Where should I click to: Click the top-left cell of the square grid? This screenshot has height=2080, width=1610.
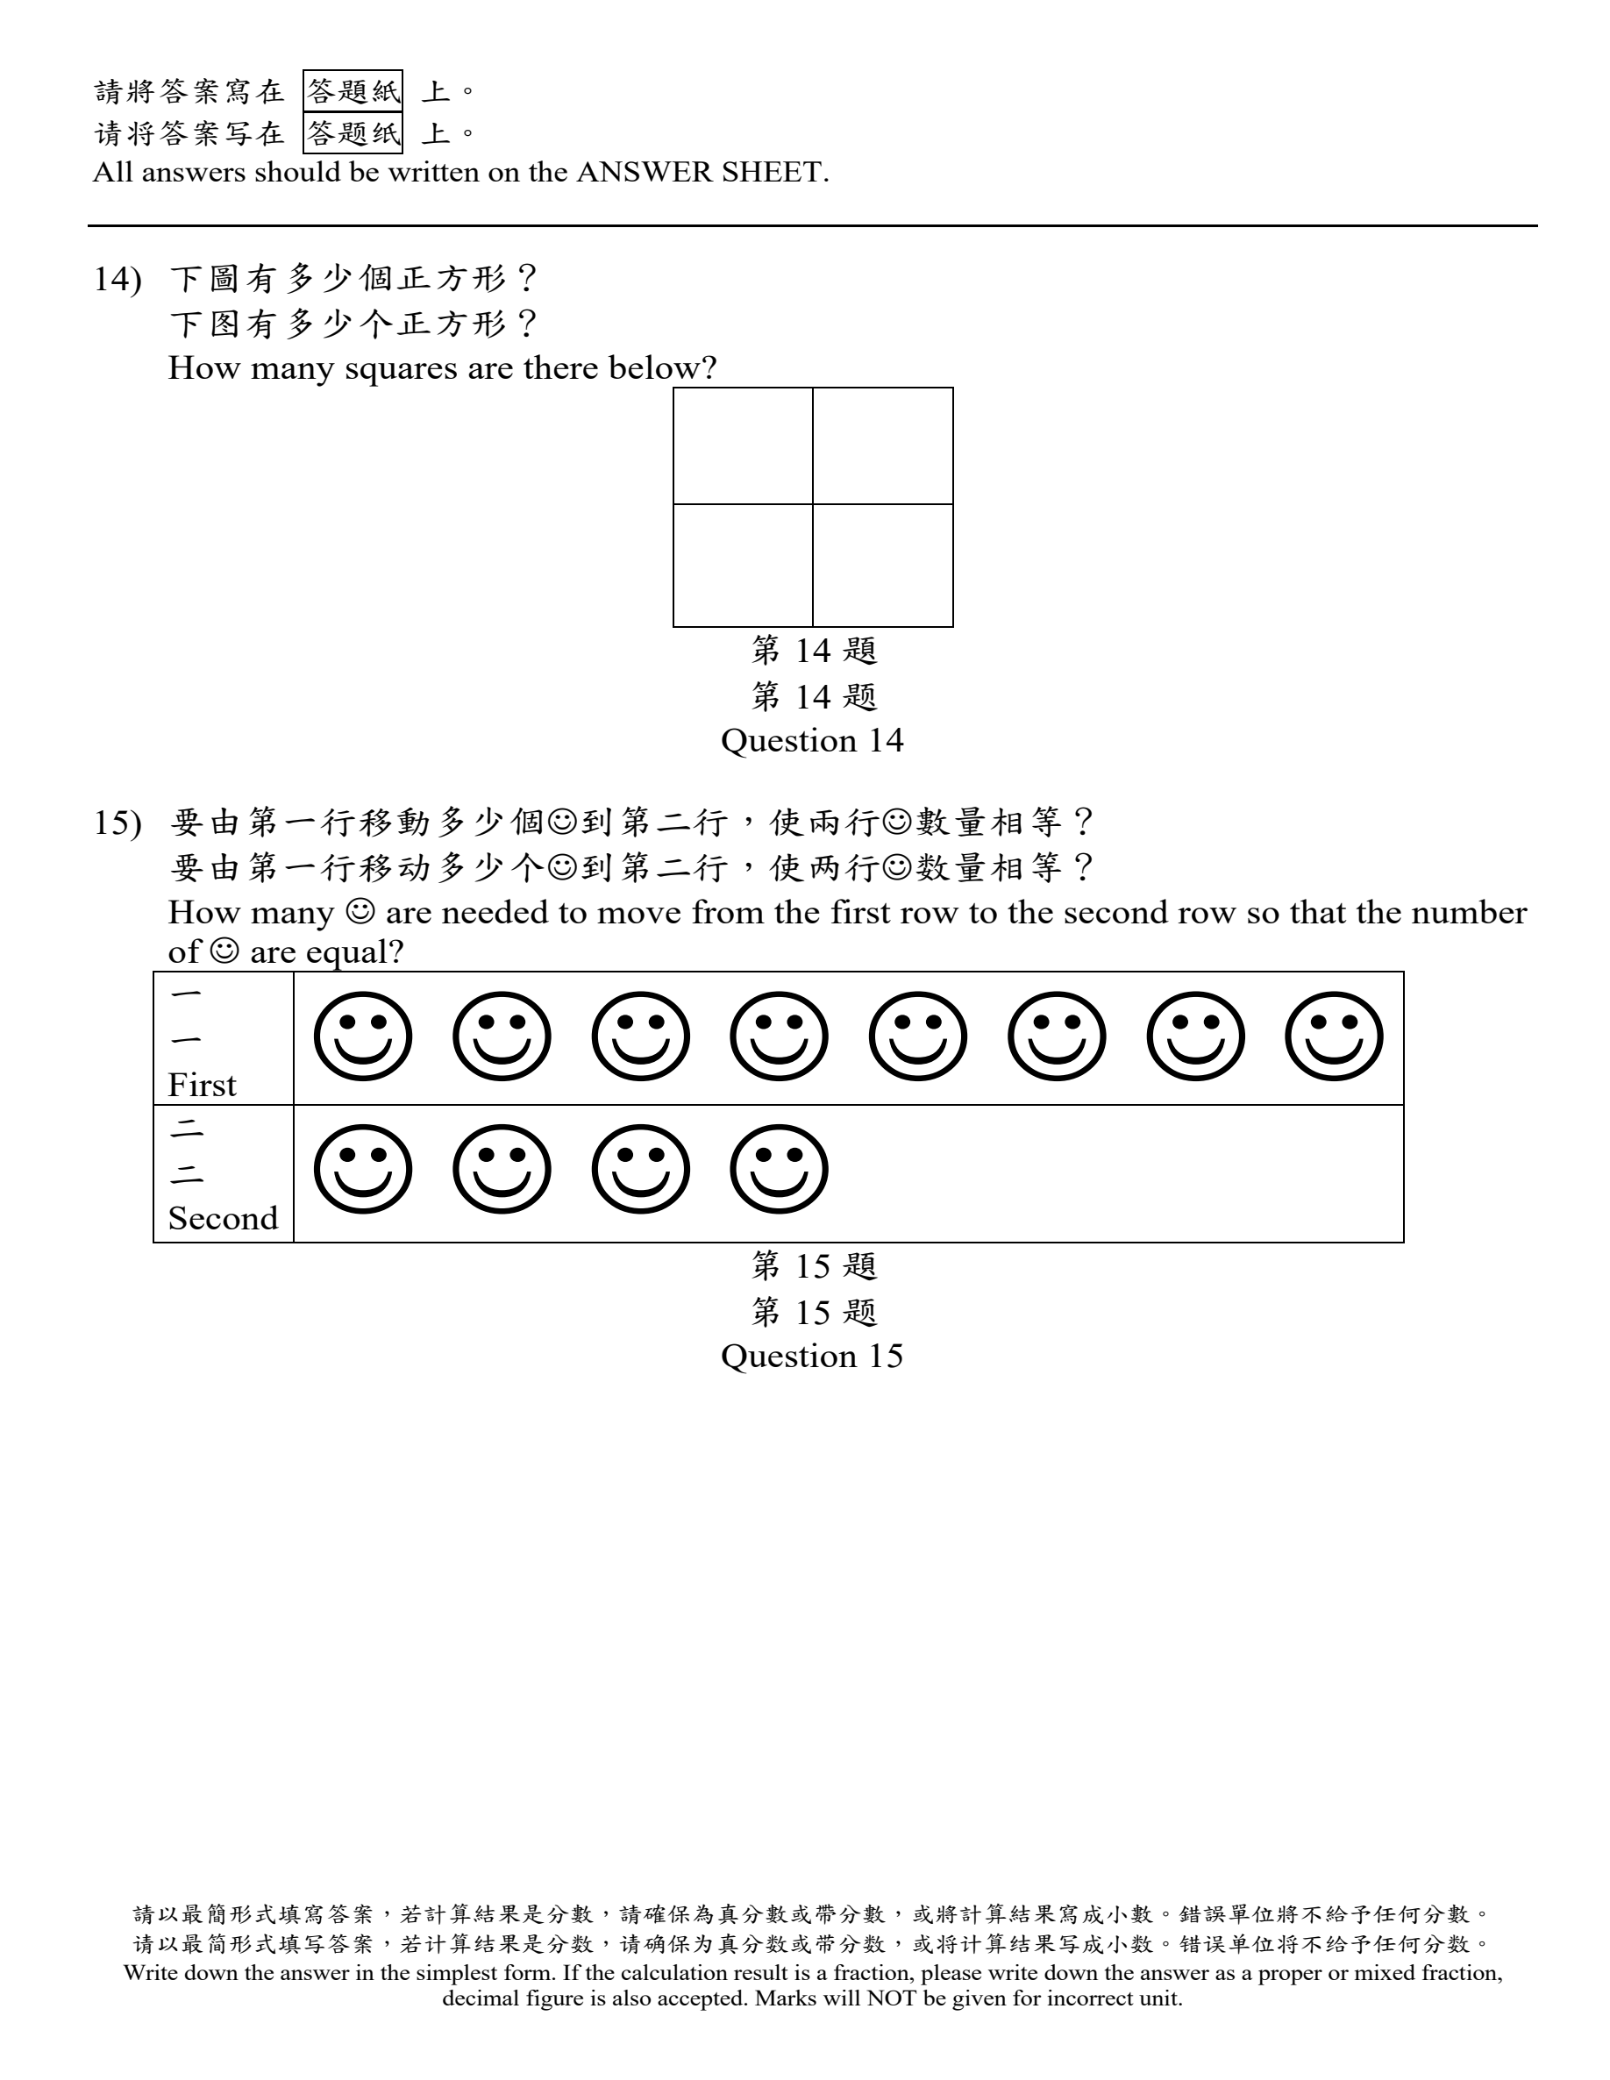(743, 445)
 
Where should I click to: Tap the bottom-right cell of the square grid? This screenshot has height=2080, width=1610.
(883, 565)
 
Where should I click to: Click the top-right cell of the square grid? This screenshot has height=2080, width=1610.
(883, 445)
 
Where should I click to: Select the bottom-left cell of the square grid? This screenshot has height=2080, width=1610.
(743, 565)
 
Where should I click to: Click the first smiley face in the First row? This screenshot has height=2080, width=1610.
(363, 1036)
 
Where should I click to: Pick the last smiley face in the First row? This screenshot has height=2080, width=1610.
(1334, 1036)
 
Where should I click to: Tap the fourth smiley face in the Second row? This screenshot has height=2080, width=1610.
(780, 1170)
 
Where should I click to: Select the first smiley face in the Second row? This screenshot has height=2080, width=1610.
(363, 1170)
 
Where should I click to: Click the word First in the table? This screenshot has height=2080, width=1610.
(202, 1085)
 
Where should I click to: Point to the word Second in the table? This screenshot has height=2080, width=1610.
(223, 1218)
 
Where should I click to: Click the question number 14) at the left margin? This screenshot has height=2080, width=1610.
(118, 279)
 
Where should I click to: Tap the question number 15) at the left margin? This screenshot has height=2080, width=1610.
(118, 823)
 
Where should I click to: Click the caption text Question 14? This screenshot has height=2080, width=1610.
(812, 741)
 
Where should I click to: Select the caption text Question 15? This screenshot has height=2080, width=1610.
(812, 1357)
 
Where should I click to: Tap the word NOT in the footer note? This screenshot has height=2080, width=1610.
(885, 1998)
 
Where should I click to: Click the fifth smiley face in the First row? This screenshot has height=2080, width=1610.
(918, 1036)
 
